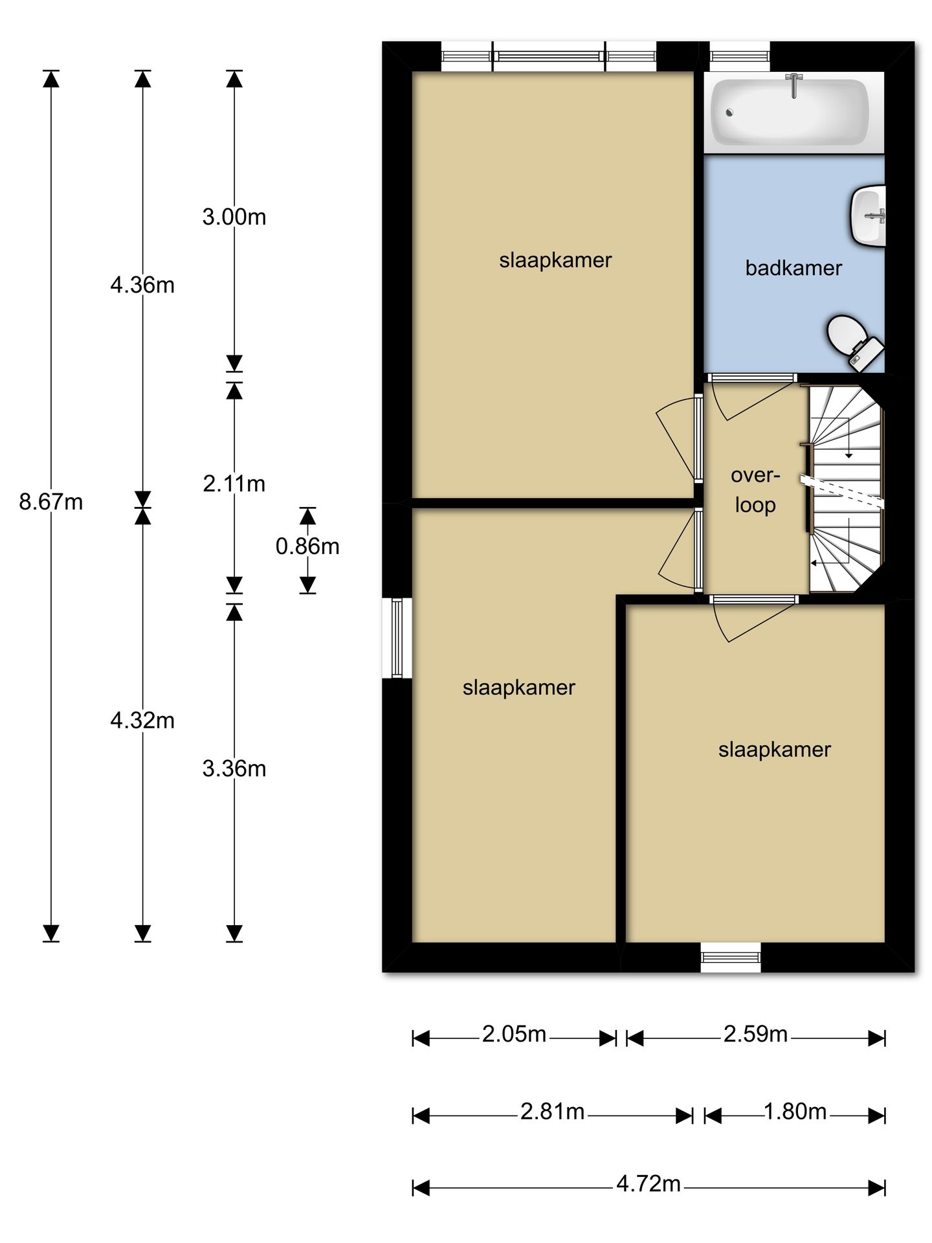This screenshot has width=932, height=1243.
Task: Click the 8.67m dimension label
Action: pyautogui.click(x=51, y=502)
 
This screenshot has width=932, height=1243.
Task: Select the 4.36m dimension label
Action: pyautogui.click(x=142, y=285)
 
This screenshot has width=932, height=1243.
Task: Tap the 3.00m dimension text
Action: pyautogui.click(x=234, y=217)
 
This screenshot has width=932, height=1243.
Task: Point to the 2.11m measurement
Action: pyautogui.click(x=234, y=484)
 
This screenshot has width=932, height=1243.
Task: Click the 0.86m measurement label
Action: pyautogui.click(x=307, y=546)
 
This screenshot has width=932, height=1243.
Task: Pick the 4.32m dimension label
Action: pyautogui.click(x=142, y=720)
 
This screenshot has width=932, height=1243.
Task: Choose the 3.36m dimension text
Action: pyautogui.click(x=234, y=768)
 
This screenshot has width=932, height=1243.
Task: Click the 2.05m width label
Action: pyautogui.click(x=515, y=1034)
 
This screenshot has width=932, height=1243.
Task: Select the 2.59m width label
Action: pyautogui.click(x=755, y=1034)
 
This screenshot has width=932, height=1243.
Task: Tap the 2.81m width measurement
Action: pyautogui.click(x=553, y=1112)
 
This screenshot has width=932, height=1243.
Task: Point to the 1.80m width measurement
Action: pyautogui.click(x=795, y=1112)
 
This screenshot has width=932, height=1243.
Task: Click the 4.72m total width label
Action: pyautogui.click(x=649, y=1184)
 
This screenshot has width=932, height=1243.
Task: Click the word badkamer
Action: pyautogui.click(x=793, y=268)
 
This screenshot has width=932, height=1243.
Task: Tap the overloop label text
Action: pyautogui.click(x=755, y=490)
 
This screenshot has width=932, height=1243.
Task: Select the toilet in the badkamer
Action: pyautogui.click(x=855, y=343)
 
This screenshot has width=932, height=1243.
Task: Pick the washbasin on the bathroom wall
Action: pyautogui.click(x=867, y=216)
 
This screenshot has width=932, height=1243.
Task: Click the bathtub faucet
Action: pyautogui.click(x=793, y=84)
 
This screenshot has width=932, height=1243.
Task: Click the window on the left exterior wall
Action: pyautogui.click(x=397, y=638)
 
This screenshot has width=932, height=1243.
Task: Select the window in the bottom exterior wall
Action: pyautogui.click(x=731, y=957)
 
